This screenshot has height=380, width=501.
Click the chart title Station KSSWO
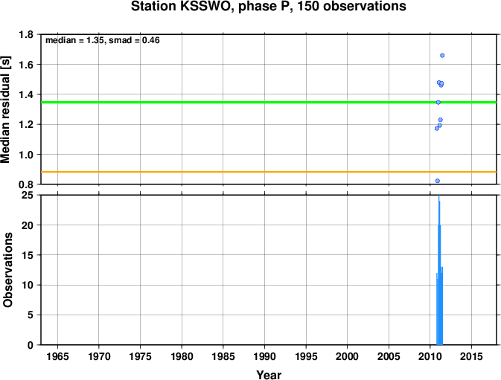(180, 6)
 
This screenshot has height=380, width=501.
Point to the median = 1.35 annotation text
(75, 40)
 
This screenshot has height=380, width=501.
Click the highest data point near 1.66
(442, 56)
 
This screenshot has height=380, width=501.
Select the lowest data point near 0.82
(438, 181)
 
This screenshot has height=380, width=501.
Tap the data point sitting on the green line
(438, 103)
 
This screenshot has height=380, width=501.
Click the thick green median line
(269, 103)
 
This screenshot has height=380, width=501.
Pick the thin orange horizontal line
(269, 172)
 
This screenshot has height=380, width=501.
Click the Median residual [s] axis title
(6, 109)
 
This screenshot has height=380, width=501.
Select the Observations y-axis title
(7, 270)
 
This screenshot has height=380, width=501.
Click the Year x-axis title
(269, 375)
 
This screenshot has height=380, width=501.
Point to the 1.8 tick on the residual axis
(26, 34)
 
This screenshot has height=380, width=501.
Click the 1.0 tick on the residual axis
(26, 155)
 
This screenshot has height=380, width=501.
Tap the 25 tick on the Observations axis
(28, 195)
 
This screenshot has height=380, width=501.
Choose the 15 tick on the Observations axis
(28, 255)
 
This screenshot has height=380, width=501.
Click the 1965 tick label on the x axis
(57, 356)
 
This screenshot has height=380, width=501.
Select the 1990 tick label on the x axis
(264, 356)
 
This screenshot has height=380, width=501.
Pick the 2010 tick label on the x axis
(430, 356)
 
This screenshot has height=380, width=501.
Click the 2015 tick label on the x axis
(472, 356)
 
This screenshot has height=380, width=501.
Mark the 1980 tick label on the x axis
(182, 356)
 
